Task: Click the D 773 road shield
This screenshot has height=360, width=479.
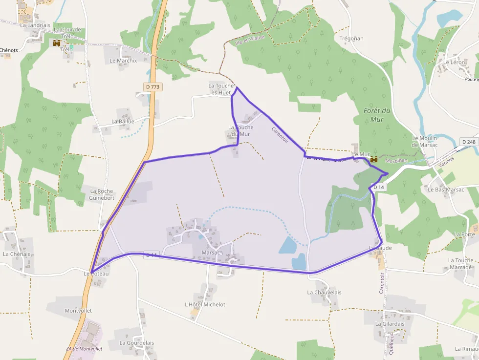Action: pyautogui.click(x=152, y=86)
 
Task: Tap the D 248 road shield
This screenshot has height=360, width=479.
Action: pyautogui.click(x=468, y=142)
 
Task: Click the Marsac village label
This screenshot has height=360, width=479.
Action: pyautogui.click(x=211, y=253)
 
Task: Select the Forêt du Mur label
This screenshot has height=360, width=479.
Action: pyautogui.click(x=377, y=115)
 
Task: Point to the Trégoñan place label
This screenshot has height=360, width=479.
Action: pyautogui.click(x=351, y=38)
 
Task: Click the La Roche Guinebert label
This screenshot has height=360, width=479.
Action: pyautogui.click(x=102, y=194)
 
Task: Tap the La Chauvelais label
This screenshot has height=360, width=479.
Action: pyautogui.click(x=324, y=293)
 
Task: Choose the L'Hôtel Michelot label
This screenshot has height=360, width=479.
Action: pyautogui.click(x=205, y=304)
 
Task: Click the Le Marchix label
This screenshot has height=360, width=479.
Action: pyautogui.click(x=123, y=61)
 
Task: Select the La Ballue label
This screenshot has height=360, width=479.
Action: pyautogui.click(x=123, y=121)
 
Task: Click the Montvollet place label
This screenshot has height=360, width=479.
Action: pyautogui.click(x=78, y=311)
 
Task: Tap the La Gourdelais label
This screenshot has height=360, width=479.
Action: pyautogui.click(x=137, y=343)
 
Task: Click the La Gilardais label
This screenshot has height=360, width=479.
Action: pyautogui.click(x=390, y=324)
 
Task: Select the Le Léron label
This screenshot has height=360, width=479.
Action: pyautogui.click(x=454, y=63)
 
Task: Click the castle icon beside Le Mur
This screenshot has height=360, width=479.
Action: pyautogui.click(x=374, y=159)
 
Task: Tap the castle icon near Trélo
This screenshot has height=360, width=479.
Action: pyautogui.click(x=57, y=43)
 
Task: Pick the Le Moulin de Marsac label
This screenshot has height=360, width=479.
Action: pyautogui.click(x=424, y=141)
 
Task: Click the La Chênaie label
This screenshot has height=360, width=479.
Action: pyautogui.click(x=17, y=254)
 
